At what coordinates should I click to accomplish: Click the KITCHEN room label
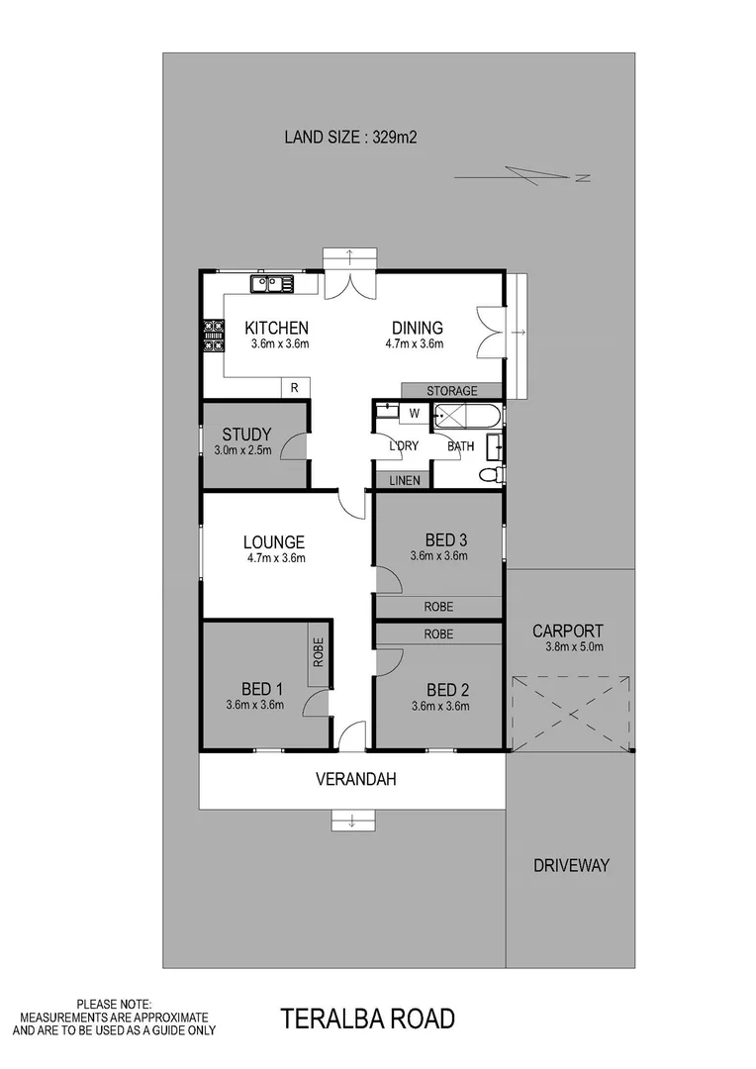(277, 329)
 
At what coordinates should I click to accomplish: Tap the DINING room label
(417, 329)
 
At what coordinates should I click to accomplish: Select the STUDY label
(246, 435)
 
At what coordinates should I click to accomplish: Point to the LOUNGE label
(274, 542)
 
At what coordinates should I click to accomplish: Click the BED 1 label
(262, 690)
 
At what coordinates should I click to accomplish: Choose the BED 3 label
(446, 540)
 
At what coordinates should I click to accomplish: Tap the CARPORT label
(567, 631)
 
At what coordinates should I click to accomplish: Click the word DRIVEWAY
(571, 865)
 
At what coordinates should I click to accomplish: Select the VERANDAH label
(355, 780)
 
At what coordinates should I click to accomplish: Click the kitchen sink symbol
(271, 285)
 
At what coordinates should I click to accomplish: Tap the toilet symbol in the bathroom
(490, 476)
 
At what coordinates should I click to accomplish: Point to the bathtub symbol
(467, 414)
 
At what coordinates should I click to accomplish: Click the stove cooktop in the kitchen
(213, 336)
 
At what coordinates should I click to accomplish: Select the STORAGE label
(451, 391)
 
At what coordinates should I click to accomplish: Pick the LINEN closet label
(404, 481)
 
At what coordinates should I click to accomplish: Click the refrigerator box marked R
(294, 388)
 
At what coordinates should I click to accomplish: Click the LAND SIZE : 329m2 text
(350, 138)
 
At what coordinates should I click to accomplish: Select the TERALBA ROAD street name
(367, 1019)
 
